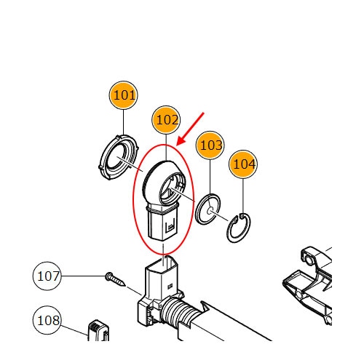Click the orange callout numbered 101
coord(123,95)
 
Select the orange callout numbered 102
coord(166,120)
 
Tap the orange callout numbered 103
coord(210,145)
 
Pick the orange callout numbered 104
coord(243,164)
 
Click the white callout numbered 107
coord(47,276)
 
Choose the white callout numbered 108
coord(47,320)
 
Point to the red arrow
coord(190,129)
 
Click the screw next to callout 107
coord(116,279)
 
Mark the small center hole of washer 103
coord(210,210)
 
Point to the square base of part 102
coord(163,224)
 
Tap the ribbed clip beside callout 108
coord(98,330)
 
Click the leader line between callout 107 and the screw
coord(84,276)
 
